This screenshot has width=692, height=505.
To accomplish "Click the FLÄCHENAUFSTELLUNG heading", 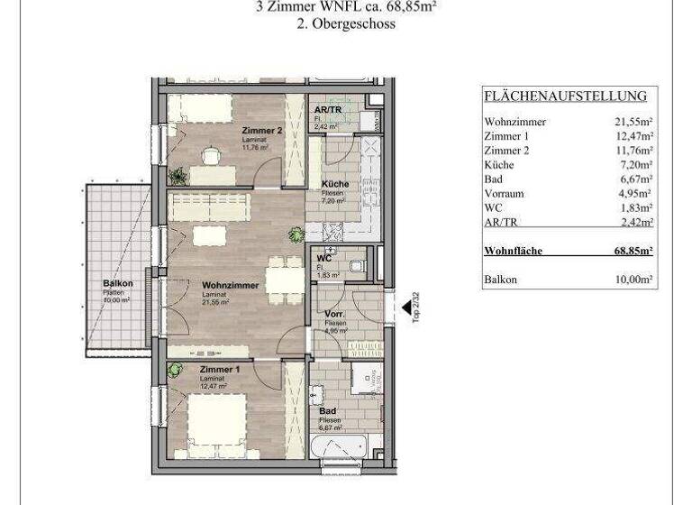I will coord(565,96).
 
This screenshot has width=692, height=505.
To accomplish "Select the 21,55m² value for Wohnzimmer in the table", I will coord(633,122).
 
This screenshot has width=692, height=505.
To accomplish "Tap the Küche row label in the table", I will coord(499,165).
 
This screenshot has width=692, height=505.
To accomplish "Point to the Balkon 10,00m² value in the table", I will coord(633,280).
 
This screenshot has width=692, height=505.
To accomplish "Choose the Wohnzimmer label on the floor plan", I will coord(231,286).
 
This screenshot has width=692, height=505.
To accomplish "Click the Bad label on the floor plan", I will coord(327,411).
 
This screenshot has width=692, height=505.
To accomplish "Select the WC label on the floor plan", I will coord(323,259).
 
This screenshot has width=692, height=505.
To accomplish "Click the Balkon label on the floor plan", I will coord(118,284).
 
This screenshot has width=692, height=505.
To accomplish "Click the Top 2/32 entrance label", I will coord(415,307).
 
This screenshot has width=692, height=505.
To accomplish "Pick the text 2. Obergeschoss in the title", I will coord(346,24).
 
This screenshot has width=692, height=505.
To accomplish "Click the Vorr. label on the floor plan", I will coord(336,315).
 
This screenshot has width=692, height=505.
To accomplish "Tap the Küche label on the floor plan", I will coord(334,184).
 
